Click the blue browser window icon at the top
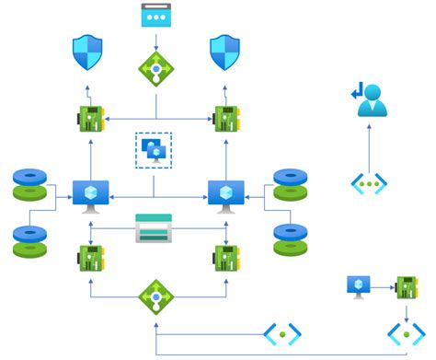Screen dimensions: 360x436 156,17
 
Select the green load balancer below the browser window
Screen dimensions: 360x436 155,68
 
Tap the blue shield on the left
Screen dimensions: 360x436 88,53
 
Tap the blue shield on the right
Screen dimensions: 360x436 225,53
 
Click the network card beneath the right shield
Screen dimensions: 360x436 226,119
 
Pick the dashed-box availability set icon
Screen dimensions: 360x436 154,149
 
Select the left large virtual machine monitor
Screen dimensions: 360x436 91,195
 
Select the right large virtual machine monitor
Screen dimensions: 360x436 225,195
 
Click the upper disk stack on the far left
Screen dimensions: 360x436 29,183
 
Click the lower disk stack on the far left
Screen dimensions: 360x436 29,241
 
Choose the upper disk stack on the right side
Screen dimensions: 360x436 291,183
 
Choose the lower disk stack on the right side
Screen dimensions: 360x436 291,240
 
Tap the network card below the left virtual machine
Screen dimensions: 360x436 89,258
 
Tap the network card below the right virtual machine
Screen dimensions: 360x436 225,258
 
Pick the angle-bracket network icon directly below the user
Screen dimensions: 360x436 368,183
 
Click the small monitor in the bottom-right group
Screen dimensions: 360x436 359,286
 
